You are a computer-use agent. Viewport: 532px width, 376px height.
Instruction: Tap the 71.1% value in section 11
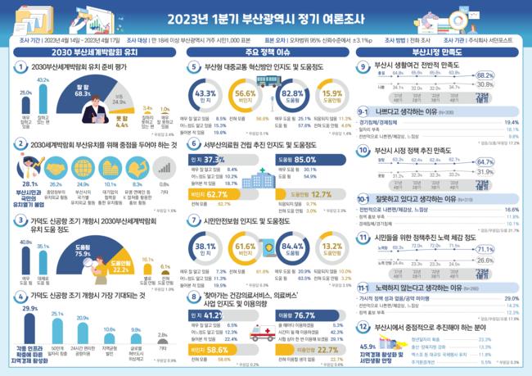coord(507,248)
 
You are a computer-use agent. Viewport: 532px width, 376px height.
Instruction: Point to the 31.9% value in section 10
coord(507,172)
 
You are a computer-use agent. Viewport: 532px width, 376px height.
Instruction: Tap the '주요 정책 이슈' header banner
coord(266,52)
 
